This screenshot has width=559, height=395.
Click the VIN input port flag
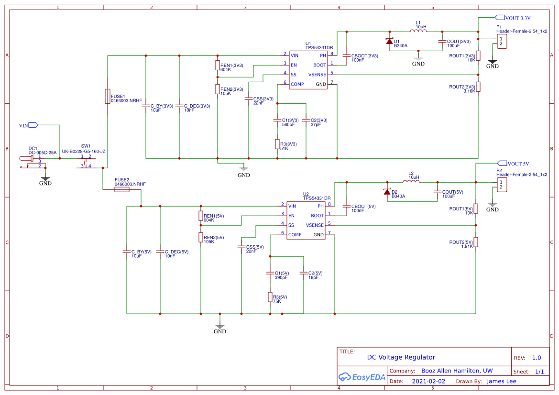tap(33, 125)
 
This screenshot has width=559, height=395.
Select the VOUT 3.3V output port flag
tap(500, 18)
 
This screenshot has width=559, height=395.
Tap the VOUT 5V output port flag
tap(502, 163)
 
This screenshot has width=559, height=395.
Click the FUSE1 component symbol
tap(107, 96)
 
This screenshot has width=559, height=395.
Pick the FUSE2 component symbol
tap(121, 190)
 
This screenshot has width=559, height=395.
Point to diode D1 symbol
tap(390, 41)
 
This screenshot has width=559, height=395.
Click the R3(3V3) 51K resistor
tap(277, 144)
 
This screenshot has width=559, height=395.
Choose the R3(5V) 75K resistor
tap(270, 297)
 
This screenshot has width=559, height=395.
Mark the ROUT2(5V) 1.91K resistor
tap(476, 242)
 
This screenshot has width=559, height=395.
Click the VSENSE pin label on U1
tap(317, 75)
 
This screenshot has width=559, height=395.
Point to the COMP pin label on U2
tap(295, 235)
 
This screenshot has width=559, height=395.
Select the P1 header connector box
tap(501, 42)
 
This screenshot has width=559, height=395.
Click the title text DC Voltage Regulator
tap(401, 357)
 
